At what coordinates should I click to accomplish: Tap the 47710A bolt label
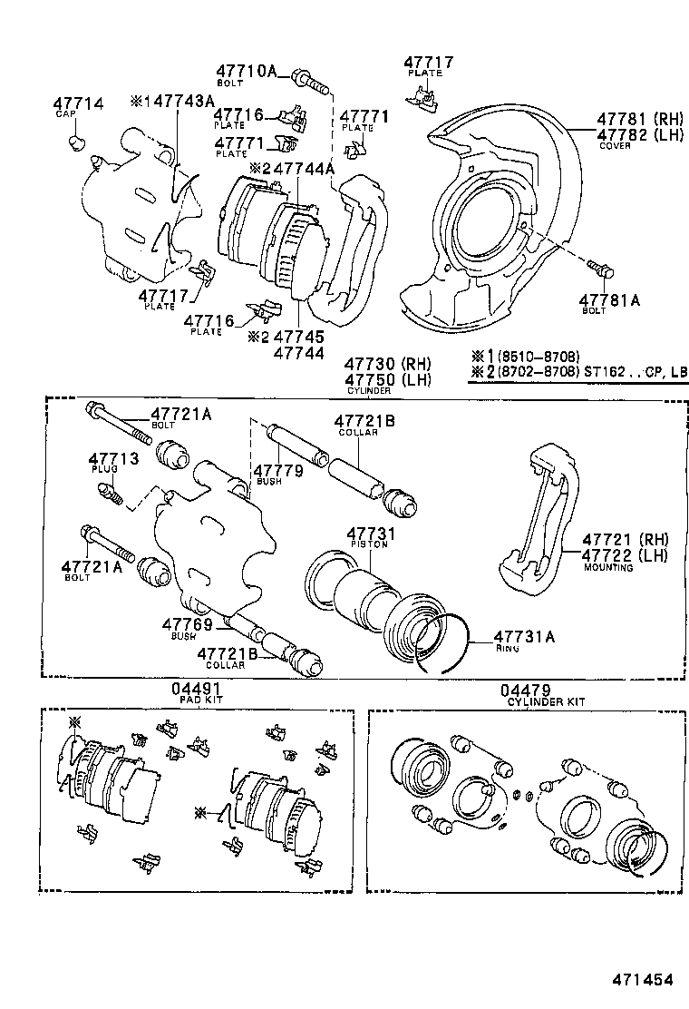pyautogui.click(x=246, y=72)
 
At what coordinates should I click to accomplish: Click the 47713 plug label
pyautogui.click(x=113, y=459)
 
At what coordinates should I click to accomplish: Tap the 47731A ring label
pyautogui.click(x=524, y=637)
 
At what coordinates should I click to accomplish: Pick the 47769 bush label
pyautogui.click(x=188, y=624)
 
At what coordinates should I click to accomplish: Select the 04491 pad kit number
pyautogui.click(x=197, y=690)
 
